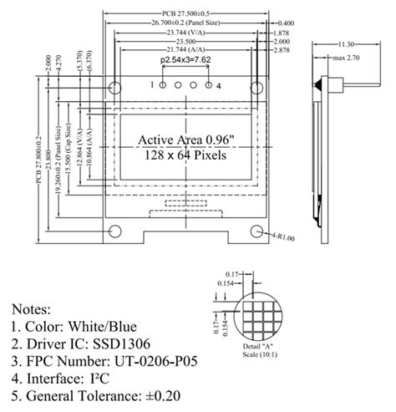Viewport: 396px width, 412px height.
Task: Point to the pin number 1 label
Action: pyautogui.click(x=151, y=84)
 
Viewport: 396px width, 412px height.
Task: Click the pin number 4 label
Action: pyautogui.click(x=219, y=85)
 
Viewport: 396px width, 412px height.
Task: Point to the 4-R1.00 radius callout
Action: pyautogui.click(x=283, y=238)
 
